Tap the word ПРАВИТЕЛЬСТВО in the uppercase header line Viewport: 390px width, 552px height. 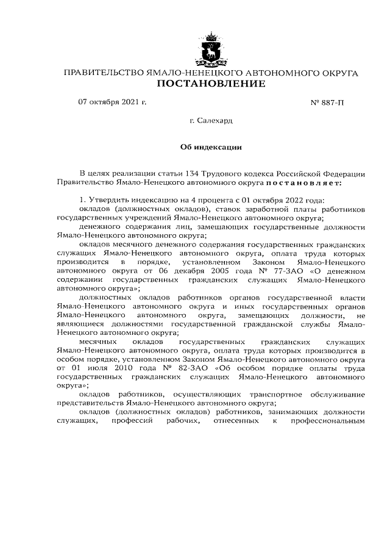click(x=104, y=73)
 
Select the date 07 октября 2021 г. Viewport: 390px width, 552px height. click(x=113, y=102)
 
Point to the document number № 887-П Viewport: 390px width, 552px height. click(x=327, y=102)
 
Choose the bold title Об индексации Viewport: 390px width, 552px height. click(x=211, y=146)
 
